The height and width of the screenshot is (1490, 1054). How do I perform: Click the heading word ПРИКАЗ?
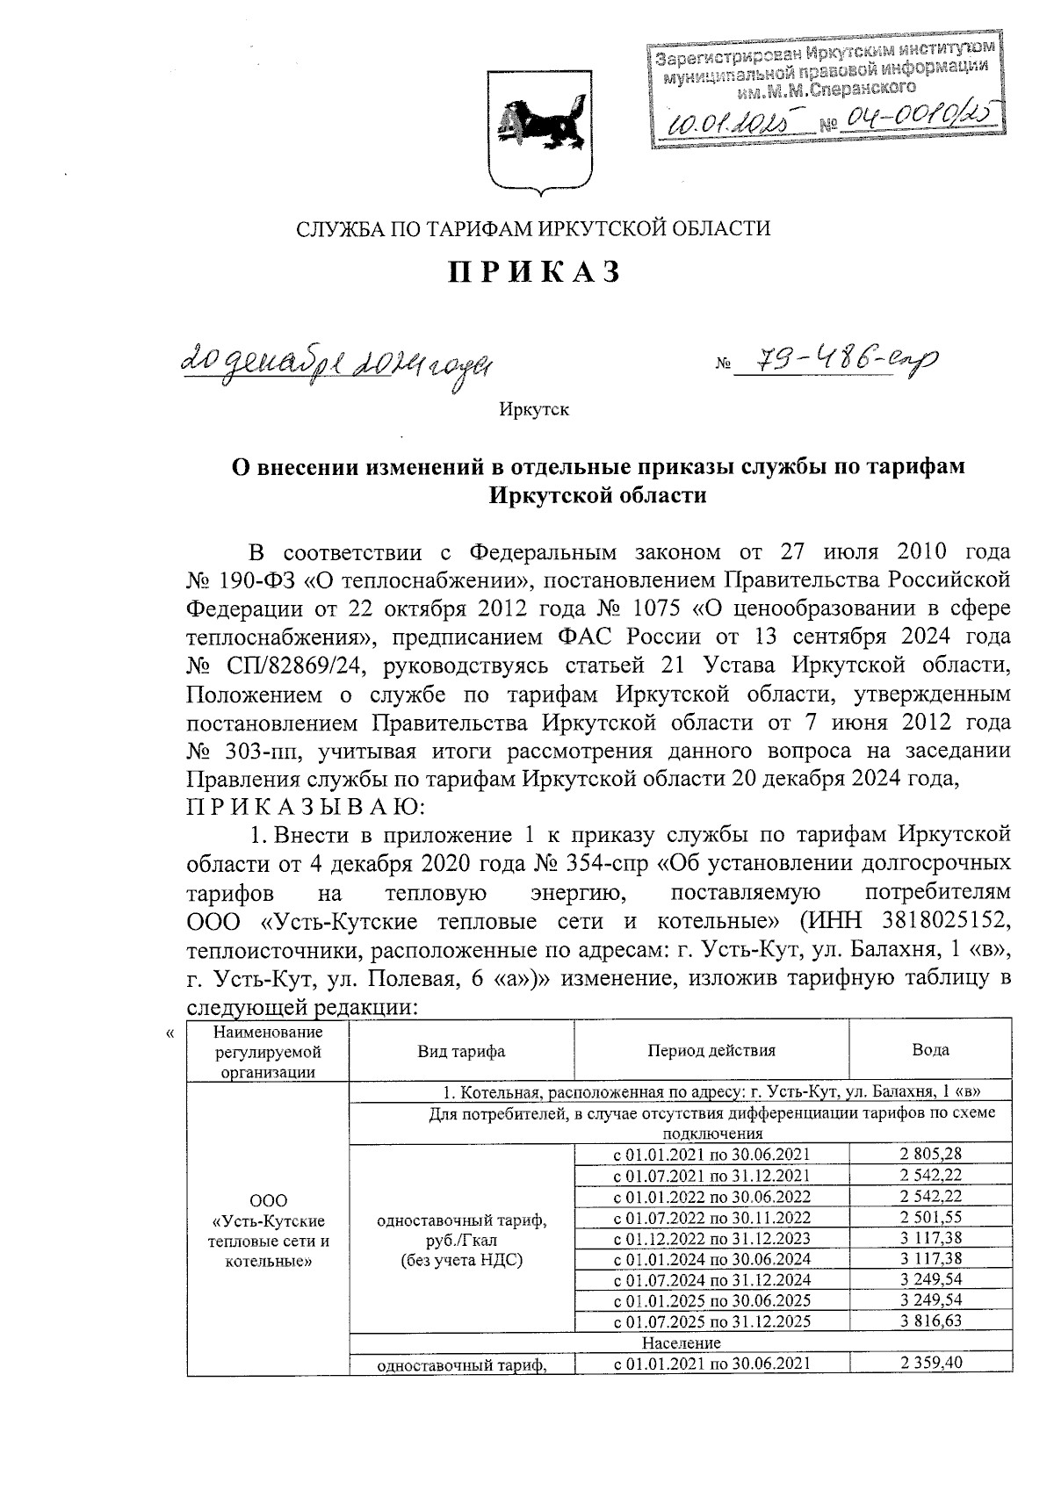coord(534,273)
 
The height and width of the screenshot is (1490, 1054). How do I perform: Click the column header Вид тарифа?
coord(461,1050)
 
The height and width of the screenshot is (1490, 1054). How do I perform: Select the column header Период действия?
coord(711,1050)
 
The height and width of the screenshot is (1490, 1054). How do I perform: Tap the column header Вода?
coord(930,1050)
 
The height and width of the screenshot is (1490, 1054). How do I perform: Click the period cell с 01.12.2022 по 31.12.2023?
coord(711,1238)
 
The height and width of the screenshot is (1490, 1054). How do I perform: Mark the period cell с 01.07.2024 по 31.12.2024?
coord(711,1280)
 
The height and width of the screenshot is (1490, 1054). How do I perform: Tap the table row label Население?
coord(681,1342)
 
